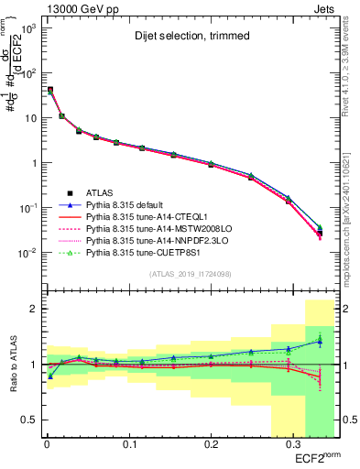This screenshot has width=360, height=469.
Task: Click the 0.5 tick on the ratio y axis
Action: click(x=27, y=420)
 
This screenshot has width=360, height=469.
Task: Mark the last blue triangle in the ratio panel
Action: click(x=320, y=341)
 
